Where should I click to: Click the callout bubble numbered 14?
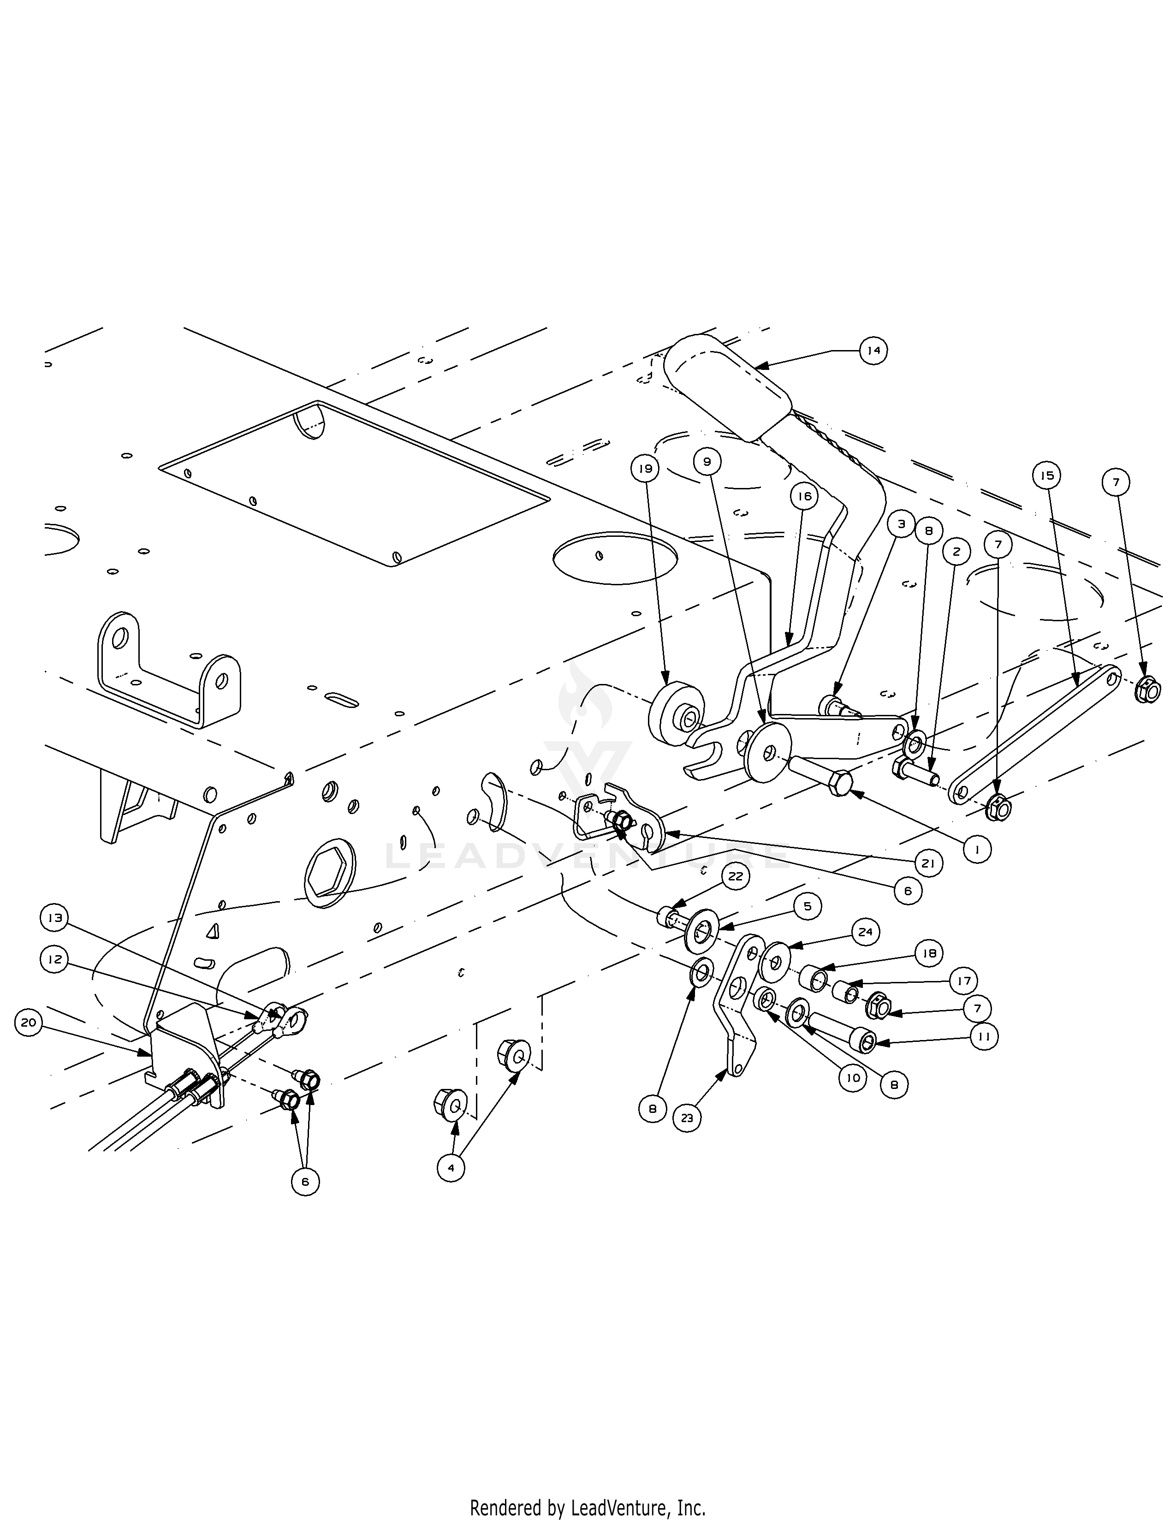[x=873, y=351]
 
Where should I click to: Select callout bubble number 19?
[x=646, y=468]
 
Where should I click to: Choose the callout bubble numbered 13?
[x=55, y=918]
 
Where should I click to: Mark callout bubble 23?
[x=688, y=1118]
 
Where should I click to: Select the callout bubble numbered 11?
[x=984, y=1036]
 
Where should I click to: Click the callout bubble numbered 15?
[x=1046, y=476]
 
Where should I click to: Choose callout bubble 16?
[x=805, y=496]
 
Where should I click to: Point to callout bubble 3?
[x=902, y=524]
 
